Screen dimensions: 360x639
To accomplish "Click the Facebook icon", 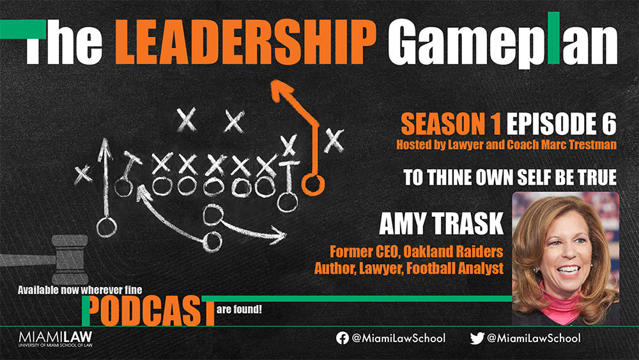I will point(343,338).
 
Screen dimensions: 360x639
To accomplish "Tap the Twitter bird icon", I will point(477,338).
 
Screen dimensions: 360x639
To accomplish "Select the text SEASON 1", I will point(444,123).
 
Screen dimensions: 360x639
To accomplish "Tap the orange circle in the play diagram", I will point(313,185).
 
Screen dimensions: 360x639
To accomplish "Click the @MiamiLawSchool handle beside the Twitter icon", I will point(534,338).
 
